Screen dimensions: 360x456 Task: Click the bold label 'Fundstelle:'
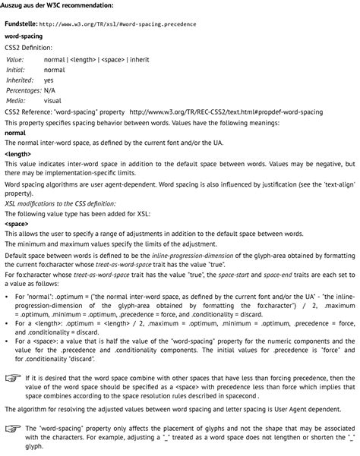click(x=21, y=24)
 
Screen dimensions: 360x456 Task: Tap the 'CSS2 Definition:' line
click(x=28, y=47)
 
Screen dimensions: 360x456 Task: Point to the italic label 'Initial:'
click(x=16, y=69)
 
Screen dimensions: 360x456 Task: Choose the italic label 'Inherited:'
click(x=20, y=80)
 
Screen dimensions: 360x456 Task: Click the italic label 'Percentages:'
click(x=24, y=90)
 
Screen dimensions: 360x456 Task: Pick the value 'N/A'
click(x=50, y=90)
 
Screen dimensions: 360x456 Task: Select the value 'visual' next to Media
click(x=52, y=101)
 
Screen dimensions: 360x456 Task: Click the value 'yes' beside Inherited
click(x=49, y=80)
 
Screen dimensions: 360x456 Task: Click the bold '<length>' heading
click(x=17, y=154)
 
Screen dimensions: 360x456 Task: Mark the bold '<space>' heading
click(x=17, y=225)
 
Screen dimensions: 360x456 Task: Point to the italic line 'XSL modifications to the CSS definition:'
click(x=61, y=204)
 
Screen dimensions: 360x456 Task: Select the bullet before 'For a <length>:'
click(x=7, y=322)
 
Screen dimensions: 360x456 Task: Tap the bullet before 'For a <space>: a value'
click(x=7, y=341)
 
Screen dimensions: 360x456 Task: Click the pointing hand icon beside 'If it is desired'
click(x=12, y=377)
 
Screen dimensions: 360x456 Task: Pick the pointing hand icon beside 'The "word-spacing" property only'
click(x=12, y=429)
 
